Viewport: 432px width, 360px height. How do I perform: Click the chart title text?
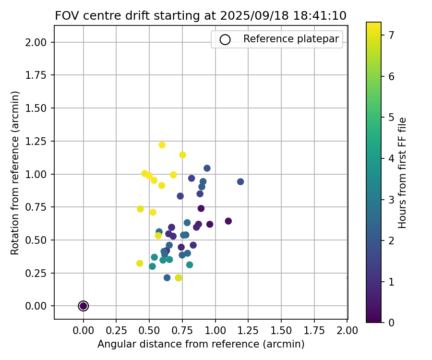(201, 15)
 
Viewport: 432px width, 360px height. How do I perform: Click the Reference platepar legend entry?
(277, 39)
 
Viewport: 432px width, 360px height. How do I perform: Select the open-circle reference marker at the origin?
(84, 306)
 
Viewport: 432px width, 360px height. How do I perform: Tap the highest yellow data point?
(162, 145)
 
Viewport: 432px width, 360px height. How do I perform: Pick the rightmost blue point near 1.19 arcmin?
(240, 182)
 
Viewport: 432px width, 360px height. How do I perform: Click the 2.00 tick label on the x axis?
(348, 331)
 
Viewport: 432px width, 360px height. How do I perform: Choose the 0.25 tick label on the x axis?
(116, 331)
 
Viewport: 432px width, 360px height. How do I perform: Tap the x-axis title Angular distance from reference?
(201, 344)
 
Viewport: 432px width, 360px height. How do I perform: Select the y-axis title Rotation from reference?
(15, 173)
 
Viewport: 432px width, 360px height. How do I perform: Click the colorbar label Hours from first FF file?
(402, 173)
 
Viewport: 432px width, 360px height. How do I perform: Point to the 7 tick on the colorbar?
(392, 35)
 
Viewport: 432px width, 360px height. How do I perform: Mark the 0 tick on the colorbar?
(392, 323)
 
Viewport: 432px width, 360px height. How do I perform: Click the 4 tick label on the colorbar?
(392, 158)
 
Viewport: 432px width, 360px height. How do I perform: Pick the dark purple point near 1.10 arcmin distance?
(228, 221)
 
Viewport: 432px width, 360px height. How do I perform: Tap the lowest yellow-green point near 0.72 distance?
(179, 278)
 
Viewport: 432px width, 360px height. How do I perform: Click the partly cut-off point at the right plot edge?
(347, 277)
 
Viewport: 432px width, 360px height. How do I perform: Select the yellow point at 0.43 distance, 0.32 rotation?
(140, 264)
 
